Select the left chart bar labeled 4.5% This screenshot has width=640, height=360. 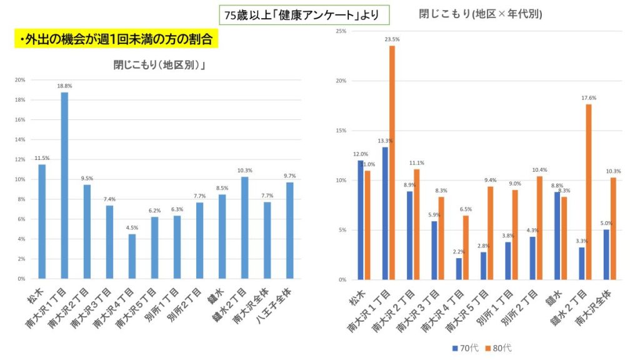point(132,256)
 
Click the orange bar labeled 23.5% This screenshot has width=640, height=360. point(392,162)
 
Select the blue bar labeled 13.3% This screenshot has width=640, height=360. point(385,213)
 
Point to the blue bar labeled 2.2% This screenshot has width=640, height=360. point(459,269)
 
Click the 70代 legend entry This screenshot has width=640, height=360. point(465,347)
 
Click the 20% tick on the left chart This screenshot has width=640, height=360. point(20,80)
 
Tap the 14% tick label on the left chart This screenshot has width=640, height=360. point(20,139)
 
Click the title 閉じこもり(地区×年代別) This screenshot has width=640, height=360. point(480,13)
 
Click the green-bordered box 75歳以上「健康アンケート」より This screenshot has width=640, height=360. point(304,14)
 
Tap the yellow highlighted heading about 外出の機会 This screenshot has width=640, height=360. point(115,39)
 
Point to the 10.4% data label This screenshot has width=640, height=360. point(539,170)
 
